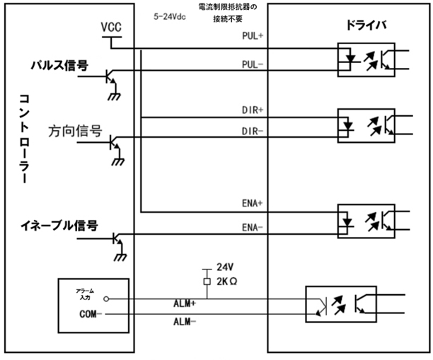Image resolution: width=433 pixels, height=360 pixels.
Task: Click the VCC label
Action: [111, 26]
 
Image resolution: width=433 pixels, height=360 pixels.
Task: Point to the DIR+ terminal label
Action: [253, 110]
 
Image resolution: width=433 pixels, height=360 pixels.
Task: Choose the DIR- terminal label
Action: [253, 131]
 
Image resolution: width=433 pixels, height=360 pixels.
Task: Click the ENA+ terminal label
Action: [253, 202]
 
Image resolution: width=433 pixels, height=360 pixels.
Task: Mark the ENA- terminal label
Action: [253, 227]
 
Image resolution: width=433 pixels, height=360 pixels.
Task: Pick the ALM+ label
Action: [185, 303]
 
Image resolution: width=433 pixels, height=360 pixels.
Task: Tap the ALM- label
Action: [185, 321]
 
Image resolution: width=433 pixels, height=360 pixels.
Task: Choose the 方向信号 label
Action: [75, 131]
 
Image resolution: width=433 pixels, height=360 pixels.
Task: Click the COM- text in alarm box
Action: [88, 313]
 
